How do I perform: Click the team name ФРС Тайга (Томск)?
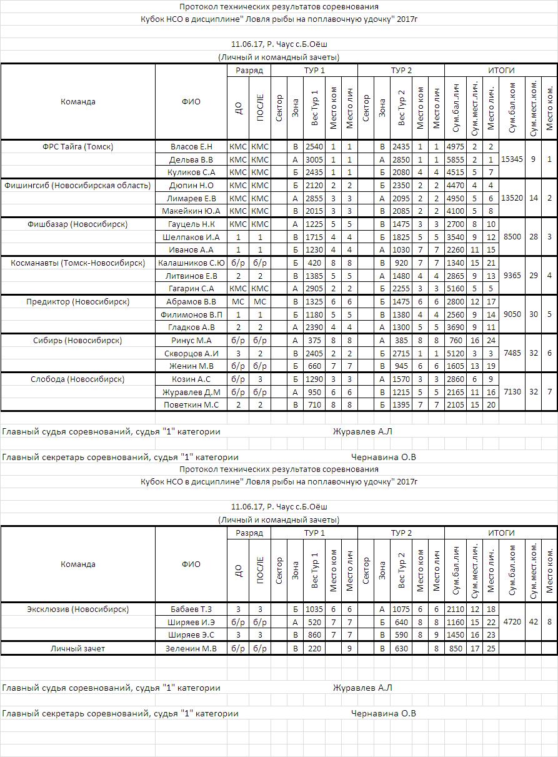coord(77,146)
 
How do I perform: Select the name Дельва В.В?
coord(191,159)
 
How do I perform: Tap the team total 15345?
coord(512,159)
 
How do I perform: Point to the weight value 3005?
coord(314,159)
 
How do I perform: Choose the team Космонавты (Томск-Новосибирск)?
coord(77,263)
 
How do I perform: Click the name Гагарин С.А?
coord(191,288)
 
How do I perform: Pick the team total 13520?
coord(512,198)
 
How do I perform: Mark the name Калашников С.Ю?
coord(191,263)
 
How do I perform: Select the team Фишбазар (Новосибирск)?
coord(77,224)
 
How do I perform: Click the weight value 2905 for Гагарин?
coord(314,288)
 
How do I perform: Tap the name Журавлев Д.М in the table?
coord(191,392)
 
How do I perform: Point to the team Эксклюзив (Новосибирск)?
coord(77,609)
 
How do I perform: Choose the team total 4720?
coord(512,622)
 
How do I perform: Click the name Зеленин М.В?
coord(191,648)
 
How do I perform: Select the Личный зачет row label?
coord(77,648)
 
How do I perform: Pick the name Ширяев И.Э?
coord(191,622)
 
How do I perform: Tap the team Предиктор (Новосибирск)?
coord(77,301)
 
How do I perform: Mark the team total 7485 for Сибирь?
coord(512,353)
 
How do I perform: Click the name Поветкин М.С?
coord(191,404)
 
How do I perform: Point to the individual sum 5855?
coord(455,159)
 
